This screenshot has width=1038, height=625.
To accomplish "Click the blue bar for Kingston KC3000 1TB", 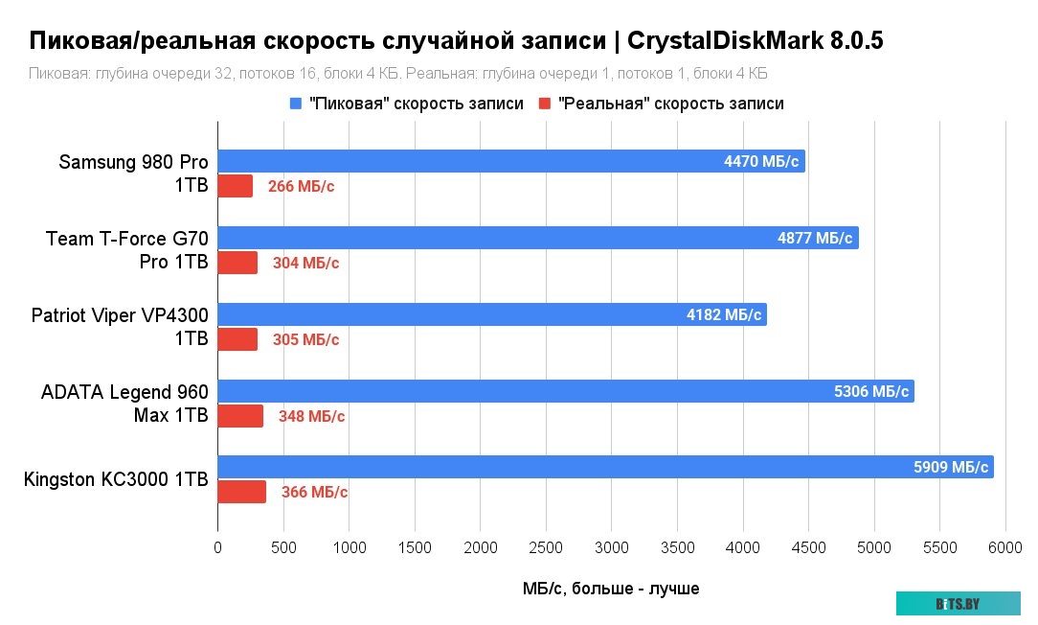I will [x=605, y=467].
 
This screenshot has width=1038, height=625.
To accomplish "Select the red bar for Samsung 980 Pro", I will [x=236, y=186].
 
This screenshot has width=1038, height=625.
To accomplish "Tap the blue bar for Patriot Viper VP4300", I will [x=492, y=314].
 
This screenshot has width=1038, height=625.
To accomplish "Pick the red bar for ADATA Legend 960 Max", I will [x=240, y=416].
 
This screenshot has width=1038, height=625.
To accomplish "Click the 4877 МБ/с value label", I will [x=815, y=238].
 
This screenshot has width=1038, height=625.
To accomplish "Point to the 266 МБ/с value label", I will [x=302, y=187].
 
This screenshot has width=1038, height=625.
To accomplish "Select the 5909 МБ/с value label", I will [x=951, y=468].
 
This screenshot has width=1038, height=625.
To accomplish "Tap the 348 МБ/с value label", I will [x=312, y=416].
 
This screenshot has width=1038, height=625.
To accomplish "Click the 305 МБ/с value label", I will [x=306, y=339].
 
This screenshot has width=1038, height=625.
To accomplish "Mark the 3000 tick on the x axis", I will [x=612, y=547].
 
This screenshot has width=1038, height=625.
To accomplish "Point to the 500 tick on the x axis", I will [x=283, y=547].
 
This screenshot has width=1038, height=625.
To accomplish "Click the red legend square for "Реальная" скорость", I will [x=545, y=104].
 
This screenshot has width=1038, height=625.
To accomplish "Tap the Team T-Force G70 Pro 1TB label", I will [x=127, y=250].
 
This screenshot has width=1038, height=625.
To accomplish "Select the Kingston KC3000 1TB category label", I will [x=116, y=479].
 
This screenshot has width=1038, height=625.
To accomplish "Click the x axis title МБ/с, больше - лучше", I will [x=611, y=589].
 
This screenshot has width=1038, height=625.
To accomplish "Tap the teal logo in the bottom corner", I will [x=958, y=603].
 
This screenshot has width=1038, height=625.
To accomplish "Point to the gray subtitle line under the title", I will [x=398, y=74].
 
